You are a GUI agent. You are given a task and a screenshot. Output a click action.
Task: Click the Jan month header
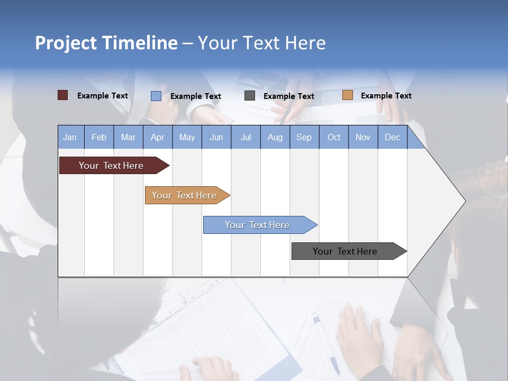(x=70, y=137)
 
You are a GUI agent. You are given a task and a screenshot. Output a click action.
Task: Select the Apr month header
(x=157, y=137)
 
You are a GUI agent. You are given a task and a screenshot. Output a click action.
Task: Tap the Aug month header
(x=275, y=137)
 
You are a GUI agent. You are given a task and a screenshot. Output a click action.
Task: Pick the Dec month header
(x=392, y=137)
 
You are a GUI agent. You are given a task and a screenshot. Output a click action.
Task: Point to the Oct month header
(x=333, y=137)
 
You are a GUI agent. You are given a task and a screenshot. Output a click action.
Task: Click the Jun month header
(x=216, y=137)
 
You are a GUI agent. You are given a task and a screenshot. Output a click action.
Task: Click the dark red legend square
(x=62, y=95)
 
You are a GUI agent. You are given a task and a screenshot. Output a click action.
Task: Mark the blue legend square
(x=156, y=96)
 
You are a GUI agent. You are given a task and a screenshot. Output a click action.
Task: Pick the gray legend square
(x=250, y=96)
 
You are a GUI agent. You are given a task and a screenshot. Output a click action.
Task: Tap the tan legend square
(x=347, y=95)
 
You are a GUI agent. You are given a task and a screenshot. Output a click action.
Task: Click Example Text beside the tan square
(x=386, y=96)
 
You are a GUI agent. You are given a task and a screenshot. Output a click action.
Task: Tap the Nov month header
(x=362, y=137)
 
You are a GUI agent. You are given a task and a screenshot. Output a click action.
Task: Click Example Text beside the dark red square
(x=102, y=96)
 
